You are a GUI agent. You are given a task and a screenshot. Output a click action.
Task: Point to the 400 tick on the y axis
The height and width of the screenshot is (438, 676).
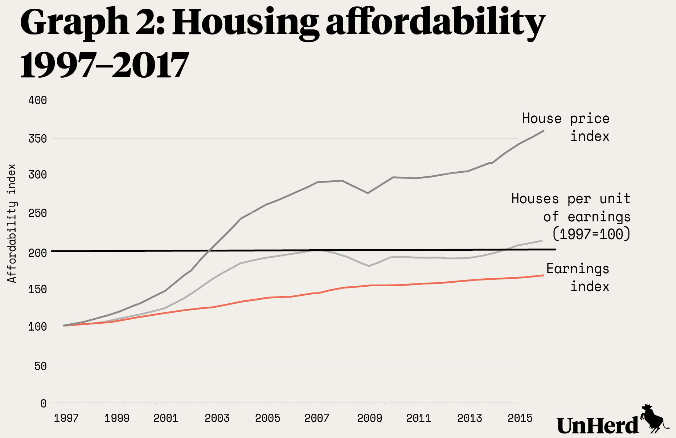37,100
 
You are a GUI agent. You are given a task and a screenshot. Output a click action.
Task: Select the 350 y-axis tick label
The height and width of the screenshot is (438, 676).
37,139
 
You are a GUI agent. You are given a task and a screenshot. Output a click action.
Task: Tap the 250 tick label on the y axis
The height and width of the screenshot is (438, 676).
37,213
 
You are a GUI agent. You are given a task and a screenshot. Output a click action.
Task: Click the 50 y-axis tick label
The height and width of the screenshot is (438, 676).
40,366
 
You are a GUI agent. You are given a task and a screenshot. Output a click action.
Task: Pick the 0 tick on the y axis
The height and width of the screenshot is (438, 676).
44,404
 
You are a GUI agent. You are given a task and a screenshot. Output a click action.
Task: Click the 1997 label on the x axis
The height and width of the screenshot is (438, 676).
66,418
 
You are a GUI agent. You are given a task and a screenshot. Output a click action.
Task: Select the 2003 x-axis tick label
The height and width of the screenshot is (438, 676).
217,418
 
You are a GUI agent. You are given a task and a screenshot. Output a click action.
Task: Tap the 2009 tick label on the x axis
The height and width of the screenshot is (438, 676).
369,418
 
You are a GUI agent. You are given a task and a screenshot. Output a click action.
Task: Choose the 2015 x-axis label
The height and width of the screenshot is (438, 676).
520,418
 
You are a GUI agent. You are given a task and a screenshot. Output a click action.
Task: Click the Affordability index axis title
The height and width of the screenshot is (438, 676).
12,223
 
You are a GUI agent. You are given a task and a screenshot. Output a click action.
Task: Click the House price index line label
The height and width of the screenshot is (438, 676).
566,127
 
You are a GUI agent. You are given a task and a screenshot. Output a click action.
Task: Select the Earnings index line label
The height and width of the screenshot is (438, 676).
578,278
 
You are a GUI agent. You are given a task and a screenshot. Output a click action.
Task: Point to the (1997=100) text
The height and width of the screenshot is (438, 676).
591,234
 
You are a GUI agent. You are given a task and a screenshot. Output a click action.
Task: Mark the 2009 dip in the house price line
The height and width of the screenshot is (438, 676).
368,193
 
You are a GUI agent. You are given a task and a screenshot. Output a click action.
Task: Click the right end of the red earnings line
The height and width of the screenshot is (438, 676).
543,275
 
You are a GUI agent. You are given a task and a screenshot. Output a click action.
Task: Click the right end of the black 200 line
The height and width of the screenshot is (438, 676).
555,249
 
